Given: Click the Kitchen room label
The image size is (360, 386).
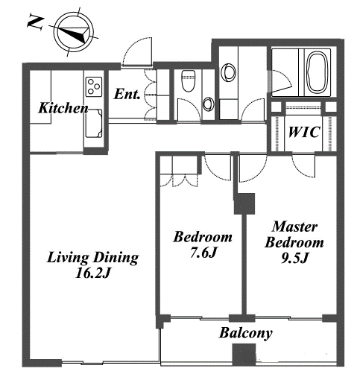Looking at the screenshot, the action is pos(63,108).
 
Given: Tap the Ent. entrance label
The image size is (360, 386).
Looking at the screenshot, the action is pos(127,94).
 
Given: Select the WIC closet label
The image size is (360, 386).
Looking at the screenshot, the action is pos(304,132).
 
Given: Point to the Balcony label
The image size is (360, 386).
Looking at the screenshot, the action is pos(245,333).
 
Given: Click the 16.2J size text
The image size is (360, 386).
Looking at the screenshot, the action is pos(92,273).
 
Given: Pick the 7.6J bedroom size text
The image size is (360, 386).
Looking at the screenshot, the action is pos(203,253).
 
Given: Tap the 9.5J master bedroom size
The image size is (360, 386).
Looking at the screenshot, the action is pos(294,259).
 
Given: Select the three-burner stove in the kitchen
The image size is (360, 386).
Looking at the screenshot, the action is pos(94,86).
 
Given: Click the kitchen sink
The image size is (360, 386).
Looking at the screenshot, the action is pos(94,124).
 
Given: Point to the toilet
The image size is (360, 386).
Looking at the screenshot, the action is pos(188,80).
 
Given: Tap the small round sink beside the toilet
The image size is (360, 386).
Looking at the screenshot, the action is pos(208,104).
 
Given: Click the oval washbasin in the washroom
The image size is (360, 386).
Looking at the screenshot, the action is pos(228,72).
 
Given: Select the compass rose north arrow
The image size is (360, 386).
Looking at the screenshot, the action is pos(74,32).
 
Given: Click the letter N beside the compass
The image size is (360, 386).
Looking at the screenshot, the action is pos(35,22).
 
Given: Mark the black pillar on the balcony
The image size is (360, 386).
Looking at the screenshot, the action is pos(244,355).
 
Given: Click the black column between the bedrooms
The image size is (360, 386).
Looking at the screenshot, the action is pos(244,203).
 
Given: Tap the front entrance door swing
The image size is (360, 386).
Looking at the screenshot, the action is pos(137,51).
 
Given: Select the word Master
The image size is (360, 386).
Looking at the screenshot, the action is pos(294,227).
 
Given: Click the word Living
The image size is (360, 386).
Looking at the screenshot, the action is pos(68,258).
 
